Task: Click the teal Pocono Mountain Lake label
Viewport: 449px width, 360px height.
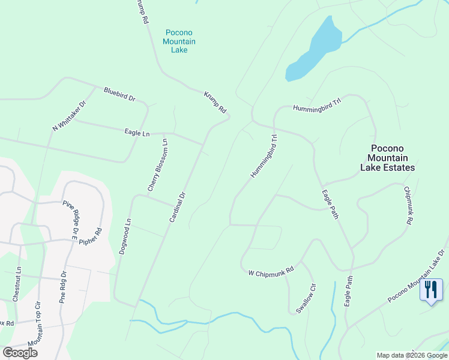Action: pyautogui.click(x=179, y=41)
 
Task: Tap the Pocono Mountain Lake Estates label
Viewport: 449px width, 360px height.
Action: pyautogui.click(x=387, y=158)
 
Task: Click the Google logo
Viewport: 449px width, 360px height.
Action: pyautogui.click(x=20, y=353)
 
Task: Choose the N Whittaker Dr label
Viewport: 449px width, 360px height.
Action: pyautogui.click(x=70, y=116)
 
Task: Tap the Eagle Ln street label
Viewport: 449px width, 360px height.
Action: pyautogui.click(x=137, y=133)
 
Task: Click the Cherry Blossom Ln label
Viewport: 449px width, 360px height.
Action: pyautogui.click(x=157, y=166)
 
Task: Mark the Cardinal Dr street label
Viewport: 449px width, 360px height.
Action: pyautogui.click(x=178, y=208)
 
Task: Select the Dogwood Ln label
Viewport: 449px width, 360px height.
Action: pyautogui.click(x=124, y=236)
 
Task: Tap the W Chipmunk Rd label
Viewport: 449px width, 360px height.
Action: pyautogui.click(x=271, y=272)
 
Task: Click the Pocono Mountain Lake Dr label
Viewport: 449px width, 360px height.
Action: pyautogui.click(x=417, y=277)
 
